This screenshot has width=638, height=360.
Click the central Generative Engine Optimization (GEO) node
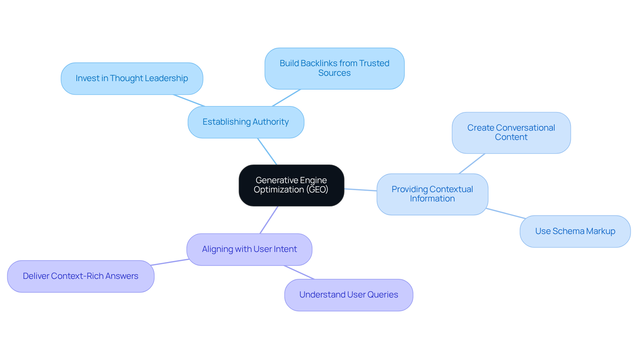[x=291, y=185]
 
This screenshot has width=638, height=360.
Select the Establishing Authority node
[x=246, y=122]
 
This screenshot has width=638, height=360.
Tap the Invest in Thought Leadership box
[x=132, y=78]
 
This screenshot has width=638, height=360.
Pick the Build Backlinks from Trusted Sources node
[x=334, y=68]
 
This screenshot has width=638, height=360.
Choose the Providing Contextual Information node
[x=432, y=194]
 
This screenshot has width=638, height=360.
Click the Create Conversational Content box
[x=511, y=133]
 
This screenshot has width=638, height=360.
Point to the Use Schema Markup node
[x=575, y=231]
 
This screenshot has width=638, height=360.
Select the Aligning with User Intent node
[x=249, y=249]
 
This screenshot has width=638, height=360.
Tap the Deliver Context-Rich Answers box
[x=80, y=276]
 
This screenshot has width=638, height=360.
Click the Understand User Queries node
[x=349, y=295]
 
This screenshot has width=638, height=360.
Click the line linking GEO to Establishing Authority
[x=267, y=152]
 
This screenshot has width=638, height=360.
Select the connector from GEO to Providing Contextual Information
[x=361, y=190]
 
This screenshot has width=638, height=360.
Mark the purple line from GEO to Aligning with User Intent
[x=269, y=220]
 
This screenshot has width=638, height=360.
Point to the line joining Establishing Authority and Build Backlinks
[x=286, y=98]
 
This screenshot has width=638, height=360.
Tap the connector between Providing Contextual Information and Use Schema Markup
[x=506, y=213]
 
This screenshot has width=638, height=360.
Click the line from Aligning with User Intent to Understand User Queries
[x=299, y=272]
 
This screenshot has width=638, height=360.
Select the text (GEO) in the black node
[x=317, y=190]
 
